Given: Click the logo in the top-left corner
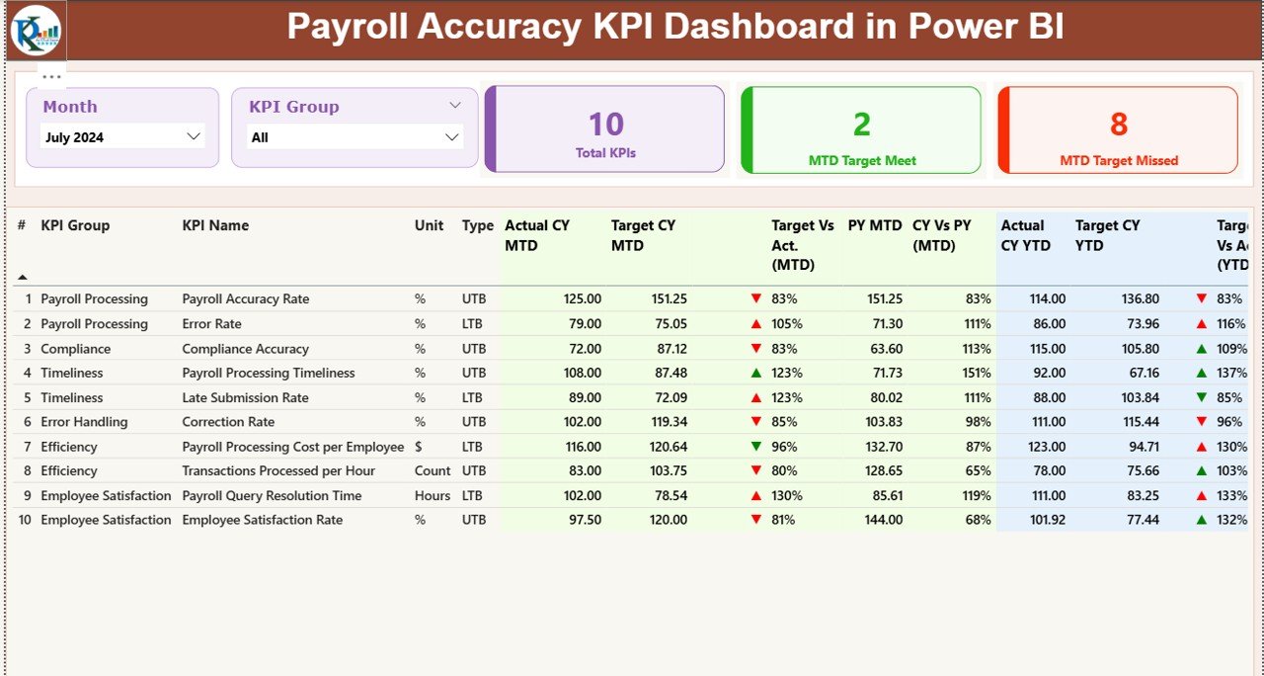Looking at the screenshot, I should click(36, 30).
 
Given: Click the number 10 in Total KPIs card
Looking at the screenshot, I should click(605, 125).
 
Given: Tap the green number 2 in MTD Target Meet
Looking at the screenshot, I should click(861, 125).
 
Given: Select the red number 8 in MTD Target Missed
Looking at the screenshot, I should click(1118, 125).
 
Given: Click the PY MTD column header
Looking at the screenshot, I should click(874, 225).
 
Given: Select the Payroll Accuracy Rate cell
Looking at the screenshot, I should click(245, 299).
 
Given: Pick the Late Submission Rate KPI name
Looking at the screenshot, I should click(245, 398).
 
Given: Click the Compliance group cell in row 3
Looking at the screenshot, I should click(75, 349).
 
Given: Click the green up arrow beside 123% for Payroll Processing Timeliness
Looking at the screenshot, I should click(756, 374).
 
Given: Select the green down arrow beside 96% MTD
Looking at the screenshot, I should click(756, 447).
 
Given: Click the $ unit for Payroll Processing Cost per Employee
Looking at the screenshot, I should click(420, 447).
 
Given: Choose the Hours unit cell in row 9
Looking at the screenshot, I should click(432, 496).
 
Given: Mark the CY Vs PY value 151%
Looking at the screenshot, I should click(978, 374).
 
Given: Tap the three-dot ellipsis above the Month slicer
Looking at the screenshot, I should click(52, 76).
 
